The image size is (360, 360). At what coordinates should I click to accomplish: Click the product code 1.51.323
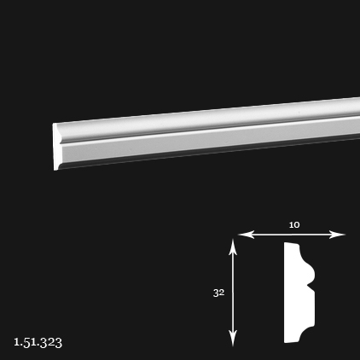pos(38,342)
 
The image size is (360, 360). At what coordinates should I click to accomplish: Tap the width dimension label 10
pos(294,225)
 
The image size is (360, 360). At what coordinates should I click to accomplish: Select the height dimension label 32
pos(218,293)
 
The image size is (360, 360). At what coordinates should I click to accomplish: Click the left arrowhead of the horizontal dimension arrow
pos(246,235)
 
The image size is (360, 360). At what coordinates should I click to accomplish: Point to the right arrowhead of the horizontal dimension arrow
pos(337,235)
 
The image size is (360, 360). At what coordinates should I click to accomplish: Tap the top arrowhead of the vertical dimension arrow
pos(233,247)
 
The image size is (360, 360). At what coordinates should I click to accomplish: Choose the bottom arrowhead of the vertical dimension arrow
pos(233,339)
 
